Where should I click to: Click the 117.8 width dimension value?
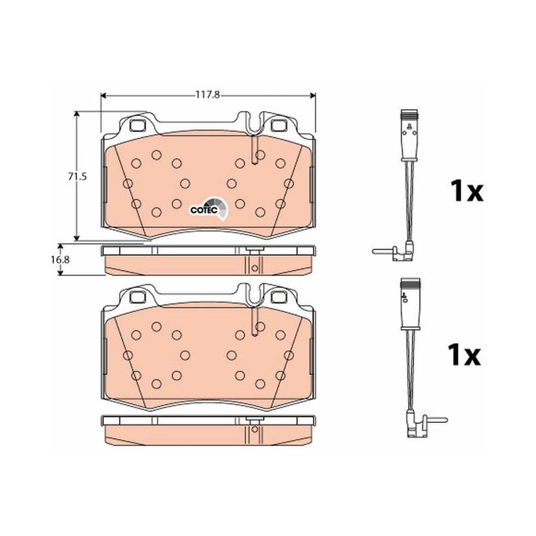[x=207, y=94]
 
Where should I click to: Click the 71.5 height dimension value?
[x=77, y=177]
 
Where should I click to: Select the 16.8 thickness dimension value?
[x=60, y=259]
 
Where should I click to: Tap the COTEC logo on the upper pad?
[x=208, y=208]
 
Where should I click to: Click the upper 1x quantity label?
[x=466, y=191]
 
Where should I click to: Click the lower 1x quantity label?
[x=464, y=355]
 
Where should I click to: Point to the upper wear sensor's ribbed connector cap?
[x=410, y=115]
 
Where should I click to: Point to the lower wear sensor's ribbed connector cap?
[x=410, y=282]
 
